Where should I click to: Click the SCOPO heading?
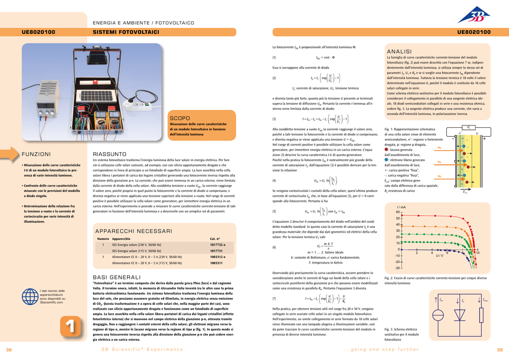pos(180,118)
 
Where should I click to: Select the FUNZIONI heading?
pos(36,154)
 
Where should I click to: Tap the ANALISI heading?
pos(399,52)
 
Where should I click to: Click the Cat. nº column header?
pos(215,239)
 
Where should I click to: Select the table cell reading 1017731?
pos(216,251)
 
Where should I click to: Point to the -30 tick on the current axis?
pos(397,268)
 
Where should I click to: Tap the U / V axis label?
pos(439,256)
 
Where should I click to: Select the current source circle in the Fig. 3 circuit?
pos(438,315)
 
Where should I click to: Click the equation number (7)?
pos(274,299)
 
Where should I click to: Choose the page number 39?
pos(500,350)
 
